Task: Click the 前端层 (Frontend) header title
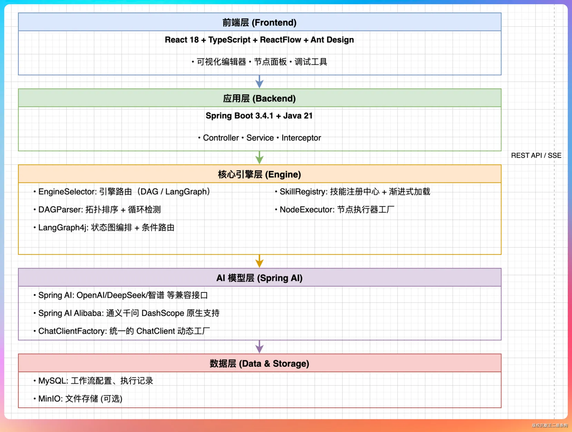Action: [259, 22]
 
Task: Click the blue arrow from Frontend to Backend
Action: [259, 81]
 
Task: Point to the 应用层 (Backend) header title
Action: [259, 98]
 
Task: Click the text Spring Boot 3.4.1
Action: [239, 116]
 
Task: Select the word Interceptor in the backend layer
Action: [301, 138]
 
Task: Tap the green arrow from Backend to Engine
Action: [259, 157]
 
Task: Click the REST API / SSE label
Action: [536, 155]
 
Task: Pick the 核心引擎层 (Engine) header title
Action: [259, 174]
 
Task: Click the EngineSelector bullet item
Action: [122, 192]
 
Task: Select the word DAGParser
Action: [60, 210]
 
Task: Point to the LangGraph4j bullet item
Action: [104, 228]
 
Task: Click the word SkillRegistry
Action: [303, 192]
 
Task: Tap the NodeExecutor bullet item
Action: [335, 210]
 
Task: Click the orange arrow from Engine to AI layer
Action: [259, 261]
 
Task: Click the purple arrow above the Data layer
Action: [259, 347]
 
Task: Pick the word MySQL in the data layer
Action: [53, 381]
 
